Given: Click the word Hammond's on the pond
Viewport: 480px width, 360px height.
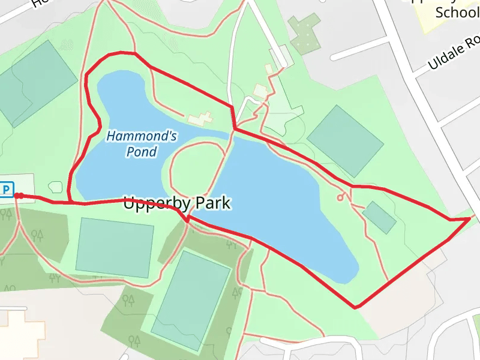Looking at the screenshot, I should coord(142,136).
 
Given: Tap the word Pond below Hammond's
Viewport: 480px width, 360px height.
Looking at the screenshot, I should coord(142,152).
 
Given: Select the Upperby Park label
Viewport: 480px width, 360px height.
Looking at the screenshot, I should coord(176,203).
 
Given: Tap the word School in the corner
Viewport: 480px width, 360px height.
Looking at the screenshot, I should coord(456,12).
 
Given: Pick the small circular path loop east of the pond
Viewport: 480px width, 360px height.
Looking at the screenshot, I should coord(340,197).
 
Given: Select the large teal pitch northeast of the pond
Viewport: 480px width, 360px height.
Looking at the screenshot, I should coord(345,140).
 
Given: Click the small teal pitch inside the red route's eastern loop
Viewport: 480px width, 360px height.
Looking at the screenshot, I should coord(379,217).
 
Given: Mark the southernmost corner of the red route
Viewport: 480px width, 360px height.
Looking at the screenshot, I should coord(356,308).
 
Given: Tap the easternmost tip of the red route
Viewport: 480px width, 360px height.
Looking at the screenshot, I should coord(470,219).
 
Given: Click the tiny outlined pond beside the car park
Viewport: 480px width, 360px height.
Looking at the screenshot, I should coord(55,187).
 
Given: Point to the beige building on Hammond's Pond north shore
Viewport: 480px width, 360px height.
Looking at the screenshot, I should coord(200,118).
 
